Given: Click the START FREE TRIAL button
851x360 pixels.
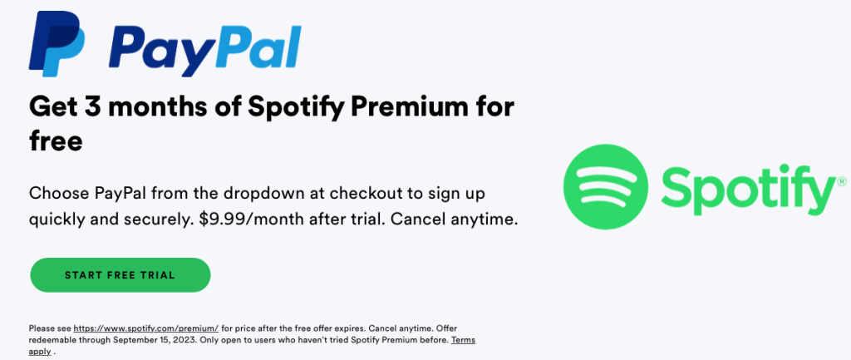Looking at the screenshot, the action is coord(120,274).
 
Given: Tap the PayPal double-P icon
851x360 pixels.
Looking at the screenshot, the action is coord(57,43).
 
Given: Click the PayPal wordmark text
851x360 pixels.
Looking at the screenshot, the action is coord(205,49).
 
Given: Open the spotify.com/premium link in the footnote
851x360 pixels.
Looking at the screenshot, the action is coord(146,328).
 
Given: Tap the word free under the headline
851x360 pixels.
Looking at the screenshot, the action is coord(56,141).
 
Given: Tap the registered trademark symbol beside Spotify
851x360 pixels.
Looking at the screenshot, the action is coord(842,180).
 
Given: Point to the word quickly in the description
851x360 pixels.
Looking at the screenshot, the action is coord(56,221).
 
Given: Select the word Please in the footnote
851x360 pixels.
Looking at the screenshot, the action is coord(42,328).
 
